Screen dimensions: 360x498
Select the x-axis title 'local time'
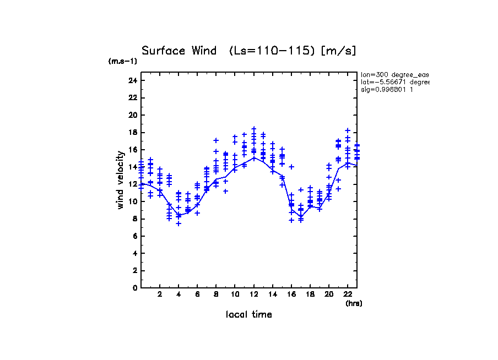pyautogui.click(x=249, y=315)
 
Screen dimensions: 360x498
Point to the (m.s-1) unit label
pyautogui.click(x=123, y=62)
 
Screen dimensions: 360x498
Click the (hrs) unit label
pyautogui.click(x=354, y=303)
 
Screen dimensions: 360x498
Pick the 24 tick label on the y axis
pyautogui.click(x=132, y=80)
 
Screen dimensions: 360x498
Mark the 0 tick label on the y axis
pyautogui.click(x=134, y=287)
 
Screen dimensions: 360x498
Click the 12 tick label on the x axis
pyautogui.click(x=253, y=295)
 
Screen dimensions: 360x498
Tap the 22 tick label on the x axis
pyautogui.click(x=348, y=295)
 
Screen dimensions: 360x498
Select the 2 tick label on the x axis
pyautogui.click(x=160, y=295)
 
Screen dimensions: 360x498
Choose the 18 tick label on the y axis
pyautogui.click(x=132, y=132)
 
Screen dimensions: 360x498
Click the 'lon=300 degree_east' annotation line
pyautogui.click(x=394, y=74)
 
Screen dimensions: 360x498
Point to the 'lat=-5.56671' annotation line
pyautogui.click(x=394, y=82)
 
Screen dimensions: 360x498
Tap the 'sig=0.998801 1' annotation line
pyautogui.click(x=387, y=90)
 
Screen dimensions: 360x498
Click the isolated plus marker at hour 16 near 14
pyautogui.click(x=291, y=166)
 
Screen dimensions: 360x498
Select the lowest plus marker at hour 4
pyautogui.click(x=178, y=223)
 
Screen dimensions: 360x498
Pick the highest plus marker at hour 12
pyautogui.click(x=254, y=129)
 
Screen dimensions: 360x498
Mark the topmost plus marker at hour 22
pyautogui.click(x=348, y=130)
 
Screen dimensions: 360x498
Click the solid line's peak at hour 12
pyautogui.click(x=254, y=157)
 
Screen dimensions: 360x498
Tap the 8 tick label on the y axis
pyautogui.click(x=134, y=219)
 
